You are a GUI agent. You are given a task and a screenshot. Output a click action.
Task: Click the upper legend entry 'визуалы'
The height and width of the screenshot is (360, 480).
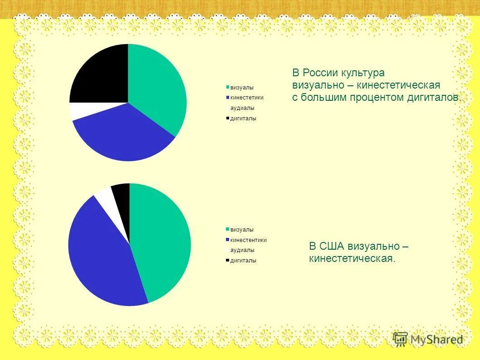coord(241,87)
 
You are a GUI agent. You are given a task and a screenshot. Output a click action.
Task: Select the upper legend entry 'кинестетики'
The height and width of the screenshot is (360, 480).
coord(246,98)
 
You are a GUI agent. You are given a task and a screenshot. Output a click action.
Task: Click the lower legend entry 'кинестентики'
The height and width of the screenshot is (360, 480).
coord(248,240)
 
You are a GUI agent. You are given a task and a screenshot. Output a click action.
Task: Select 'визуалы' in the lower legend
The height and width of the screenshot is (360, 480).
coord(241,230)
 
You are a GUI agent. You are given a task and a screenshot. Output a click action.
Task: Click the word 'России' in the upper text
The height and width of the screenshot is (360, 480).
coord(320,73)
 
